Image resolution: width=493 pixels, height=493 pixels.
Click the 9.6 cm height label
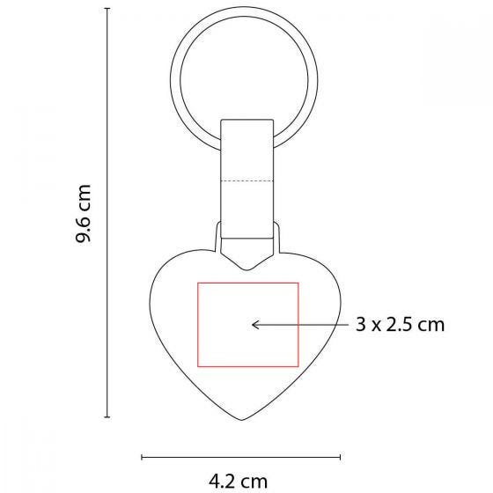click(84, 213)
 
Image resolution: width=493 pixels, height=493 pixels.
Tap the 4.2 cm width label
click(238, 482)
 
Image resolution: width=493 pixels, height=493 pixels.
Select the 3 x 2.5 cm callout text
click(400, 324)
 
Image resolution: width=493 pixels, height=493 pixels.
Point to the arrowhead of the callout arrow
click(253, 325)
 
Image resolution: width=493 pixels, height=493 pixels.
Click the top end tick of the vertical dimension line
click(107, 9)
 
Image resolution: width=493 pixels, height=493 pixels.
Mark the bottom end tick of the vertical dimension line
click(107, 417)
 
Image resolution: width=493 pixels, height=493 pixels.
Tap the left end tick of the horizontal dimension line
click(142, 457)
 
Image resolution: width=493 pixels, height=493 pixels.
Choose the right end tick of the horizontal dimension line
click(340, 457)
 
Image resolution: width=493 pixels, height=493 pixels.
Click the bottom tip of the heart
click(242, 420)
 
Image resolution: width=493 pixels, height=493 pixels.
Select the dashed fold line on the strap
click(246, 181)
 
